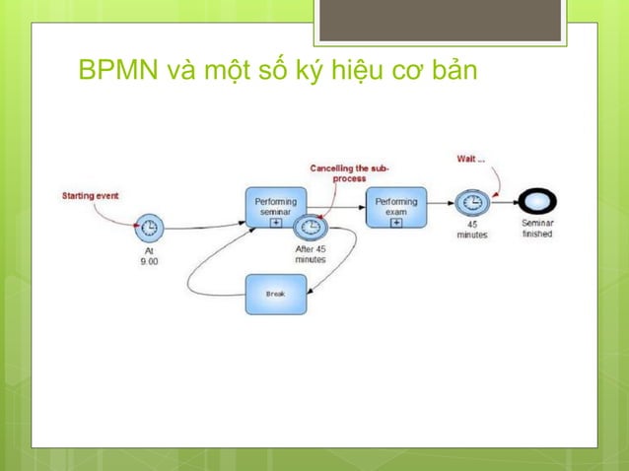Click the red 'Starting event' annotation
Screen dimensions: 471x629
[x=91, y=195]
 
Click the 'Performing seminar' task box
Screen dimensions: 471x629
[x=273, y=203]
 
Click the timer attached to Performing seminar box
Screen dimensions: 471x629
[x=310, y=228]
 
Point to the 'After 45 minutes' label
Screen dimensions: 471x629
[x=312, y=254]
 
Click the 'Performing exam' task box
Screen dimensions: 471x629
[x=396, y=203]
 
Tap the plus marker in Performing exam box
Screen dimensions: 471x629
[x=396, y=222]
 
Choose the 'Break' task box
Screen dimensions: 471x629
[x=276, y=294]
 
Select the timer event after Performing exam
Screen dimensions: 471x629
[x=472, y=203]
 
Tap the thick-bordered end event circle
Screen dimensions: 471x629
[x=537, y=202]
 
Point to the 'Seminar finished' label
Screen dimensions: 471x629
[x=537, y=229]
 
